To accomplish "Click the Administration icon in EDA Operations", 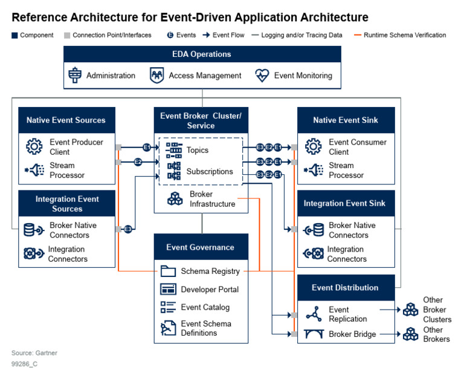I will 74,76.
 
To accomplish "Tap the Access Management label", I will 205,76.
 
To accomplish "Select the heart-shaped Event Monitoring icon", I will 262,76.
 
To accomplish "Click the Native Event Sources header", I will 66,120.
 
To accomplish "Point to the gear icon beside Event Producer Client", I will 34,147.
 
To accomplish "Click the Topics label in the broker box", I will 197,150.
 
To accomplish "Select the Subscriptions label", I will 209,172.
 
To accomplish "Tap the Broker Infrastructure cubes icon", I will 175,199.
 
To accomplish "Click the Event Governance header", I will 200,247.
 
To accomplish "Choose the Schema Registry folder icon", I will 168,272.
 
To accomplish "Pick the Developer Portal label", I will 210,290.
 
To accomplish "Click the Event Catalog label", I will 205,307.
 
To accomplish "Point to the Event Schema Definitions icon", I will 168,328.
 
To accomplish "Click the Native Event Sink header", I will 346,120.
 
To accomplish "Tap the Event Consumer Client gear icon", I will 313,147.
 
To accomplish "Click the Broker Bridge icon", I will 314,334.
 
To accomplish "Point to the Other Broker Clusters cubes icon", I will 411,310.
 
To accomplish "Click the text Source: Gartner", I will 34,353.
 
